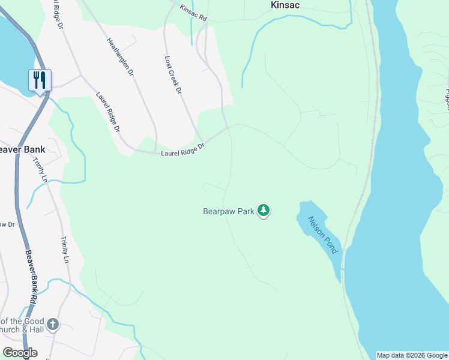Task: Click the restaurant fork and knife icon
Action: [40, 80]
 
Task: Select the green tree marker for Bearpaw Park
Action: [263, 211]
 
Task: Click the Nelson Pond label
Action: [323, 235]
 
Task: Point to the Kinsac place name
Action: [285, 5]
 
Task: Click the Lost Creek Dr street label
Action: [173, 75]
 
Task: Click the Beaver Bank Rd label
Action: [31, 275]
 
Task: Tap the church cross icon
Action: [53, 325]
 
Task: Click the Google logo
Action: [20, 353]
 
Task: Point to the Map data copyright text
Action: [412, 355]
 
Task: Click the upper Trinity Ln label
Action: [41, 170]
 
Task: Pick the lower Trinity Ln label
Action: [64, 250]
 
